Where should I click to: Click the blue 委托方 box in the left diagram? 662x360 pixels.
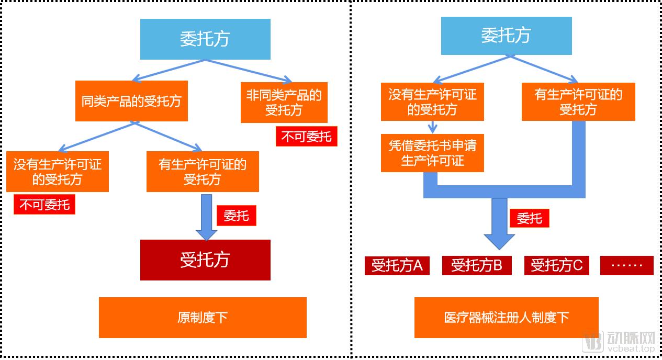(205, 39)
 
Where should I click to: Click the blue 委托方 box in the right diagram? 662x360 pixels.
(506, 36)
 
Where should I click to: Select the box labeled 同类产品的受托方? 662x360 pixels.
(131, 101)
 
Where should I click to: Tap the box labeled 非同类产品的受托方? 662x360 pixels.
(284, 103)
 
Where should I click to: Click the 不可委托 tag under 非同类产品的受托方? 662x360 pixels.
(306, 137)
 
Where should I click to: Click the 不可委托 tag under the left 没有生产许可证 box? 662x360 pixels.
(44, 204)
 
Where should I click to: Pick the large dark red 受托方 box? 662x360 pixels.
(205, 260)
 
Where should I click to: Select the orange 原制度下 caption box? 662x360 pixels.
(203, 317)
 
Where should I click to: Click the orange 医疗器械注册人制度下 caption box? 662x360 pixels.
(506, 317)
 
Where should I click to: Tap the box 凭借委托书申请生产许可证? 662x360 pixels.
(432, 153)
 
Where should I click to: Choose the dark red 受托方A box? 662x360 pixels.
(397, 265)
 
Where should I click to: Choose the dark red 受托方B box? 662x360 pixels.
(476, 265)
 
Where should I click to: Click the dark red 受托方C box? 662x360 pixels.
(556, 265)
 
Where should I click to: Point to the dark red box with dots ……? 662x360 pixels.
(626, 265)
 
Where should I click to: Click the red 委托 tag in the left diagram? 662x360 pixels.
(236, 215)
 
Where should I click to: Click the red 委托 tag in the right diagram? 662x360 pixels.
(529, 218)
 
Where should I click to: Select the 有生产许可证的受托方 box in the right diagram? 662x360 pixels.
(578, 102)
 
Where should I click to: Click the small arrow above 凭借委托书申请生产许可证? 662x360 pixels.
(432, 127)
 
